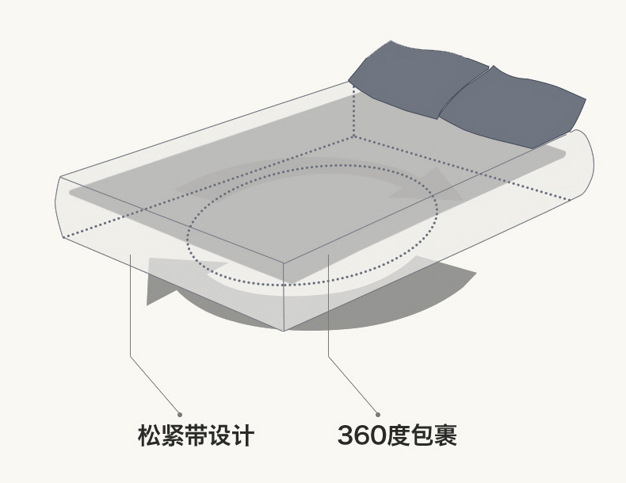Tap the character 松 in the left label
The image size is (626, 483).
point(148,436)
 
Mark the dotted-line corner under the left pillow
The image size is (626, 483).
point(354,136)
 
